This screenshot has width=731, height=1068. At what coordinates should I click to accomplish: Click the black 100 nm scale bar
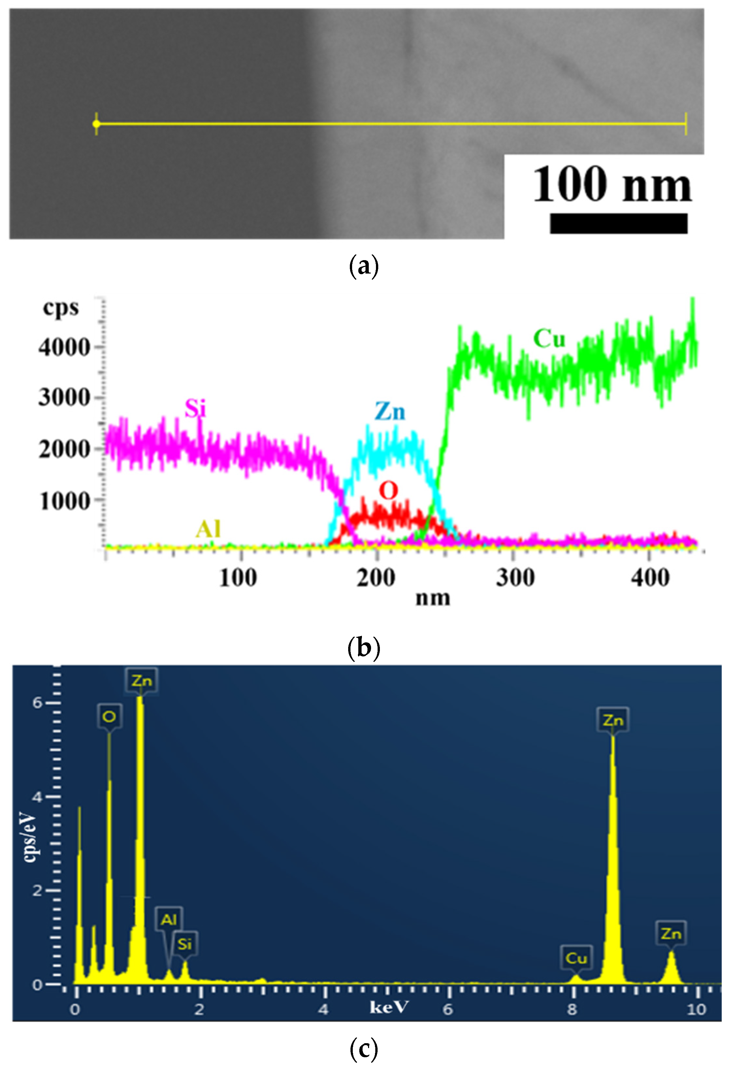[x=618, y=223]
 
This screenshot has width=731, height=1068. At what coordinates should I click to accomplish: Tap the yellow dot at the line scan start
[x=96, y=124]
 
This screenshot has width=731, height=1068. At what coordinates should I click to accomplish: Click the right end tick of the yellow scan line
[x=686, y=124]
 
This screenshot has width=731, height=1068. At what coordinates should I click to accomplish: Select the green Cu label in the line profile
[x=549, y=339]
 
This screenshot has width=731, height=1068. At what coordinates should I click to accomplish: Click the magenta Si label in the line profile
[x=195, y=408]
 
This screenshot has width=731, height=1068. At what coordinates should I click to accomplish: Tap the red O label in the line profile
[x=388, y=491]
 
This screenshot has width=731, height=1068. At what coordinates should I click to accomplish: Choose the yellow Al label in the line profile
[x=208, y=529]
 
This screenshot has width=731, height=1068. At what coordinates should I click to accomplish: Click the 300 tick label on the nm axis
[x=515, y=578]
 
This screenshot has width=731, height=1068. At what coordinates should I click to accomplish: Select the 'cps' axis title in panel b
[x=61, y=307]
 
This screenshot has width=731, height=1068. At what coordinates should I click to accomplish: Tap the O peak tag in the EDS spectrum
[x=109, y=716]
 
